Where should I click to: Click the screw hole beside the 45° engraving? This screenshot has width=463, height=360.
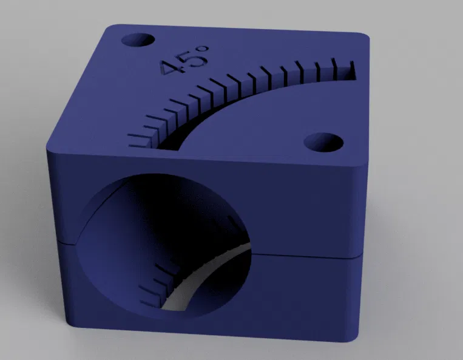(x=138, y=40)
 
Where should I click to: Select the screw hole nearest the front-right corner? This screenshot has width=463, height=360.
(x=323, y=142)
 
